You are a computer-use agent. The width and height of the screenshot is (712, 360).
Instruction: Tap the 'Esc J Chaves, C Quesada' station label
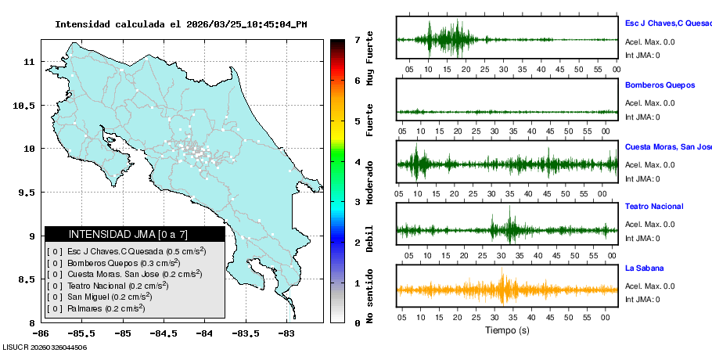[667, 23]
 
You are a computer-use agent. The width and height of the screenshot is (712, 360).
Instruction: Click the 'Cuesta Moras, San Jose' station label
[667, 146]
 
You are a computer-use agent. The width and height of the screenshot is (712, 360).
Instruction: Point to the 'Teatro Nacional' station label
[654, 207]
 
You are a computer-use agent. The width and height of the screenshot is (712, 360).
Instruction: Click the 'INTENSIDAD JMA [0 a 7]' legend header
[135, 234]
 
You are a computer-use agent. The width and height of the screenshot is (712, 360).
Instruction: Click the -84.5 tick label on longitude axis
[164, 333]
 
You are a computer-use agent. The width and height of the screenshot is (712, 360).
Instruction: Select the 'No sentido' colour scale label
[370, 296]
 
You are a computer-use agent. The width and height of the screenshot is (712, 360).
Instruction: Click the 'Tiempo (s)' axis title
[507, 330]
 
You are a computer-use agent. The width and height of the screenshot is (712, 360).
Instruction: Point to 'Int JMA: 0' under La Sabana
[642, 299]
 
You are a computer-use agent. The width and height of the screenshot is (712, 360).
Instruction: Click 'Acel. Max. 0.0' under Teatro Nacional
[649, 225]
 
